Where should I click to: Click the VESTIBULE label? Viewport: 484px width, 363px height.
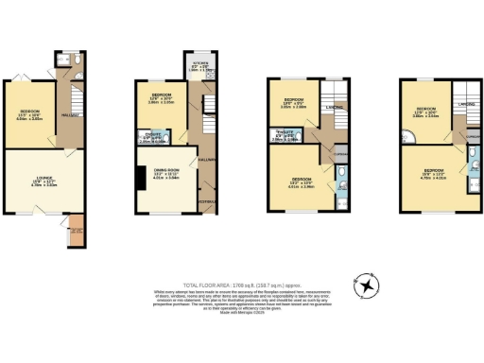[204, 201]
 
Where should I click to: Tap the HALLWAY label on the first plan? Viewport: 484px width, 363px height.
[67, 115]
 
